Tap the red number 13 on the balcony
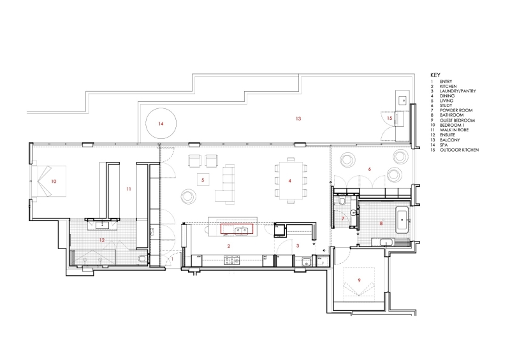[x=296, y=119]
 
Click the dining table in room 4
[x=289, y=180]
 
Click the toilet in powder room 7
[x=344, y=203]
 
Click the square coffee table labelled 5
[x=203, y=180]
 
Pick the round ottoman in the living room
[x=190, y=196]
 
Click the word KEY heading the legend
[x=435, y=75]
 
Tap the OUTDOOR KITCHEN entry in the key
[x=459, y=150]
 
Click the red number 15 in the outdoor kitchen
[x=389, y=119]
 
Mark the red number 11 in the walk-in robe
[x=128, y=189]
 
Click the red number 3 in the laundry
[x=298, y=245]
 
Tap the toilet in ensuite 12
[x=142, y=258]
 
